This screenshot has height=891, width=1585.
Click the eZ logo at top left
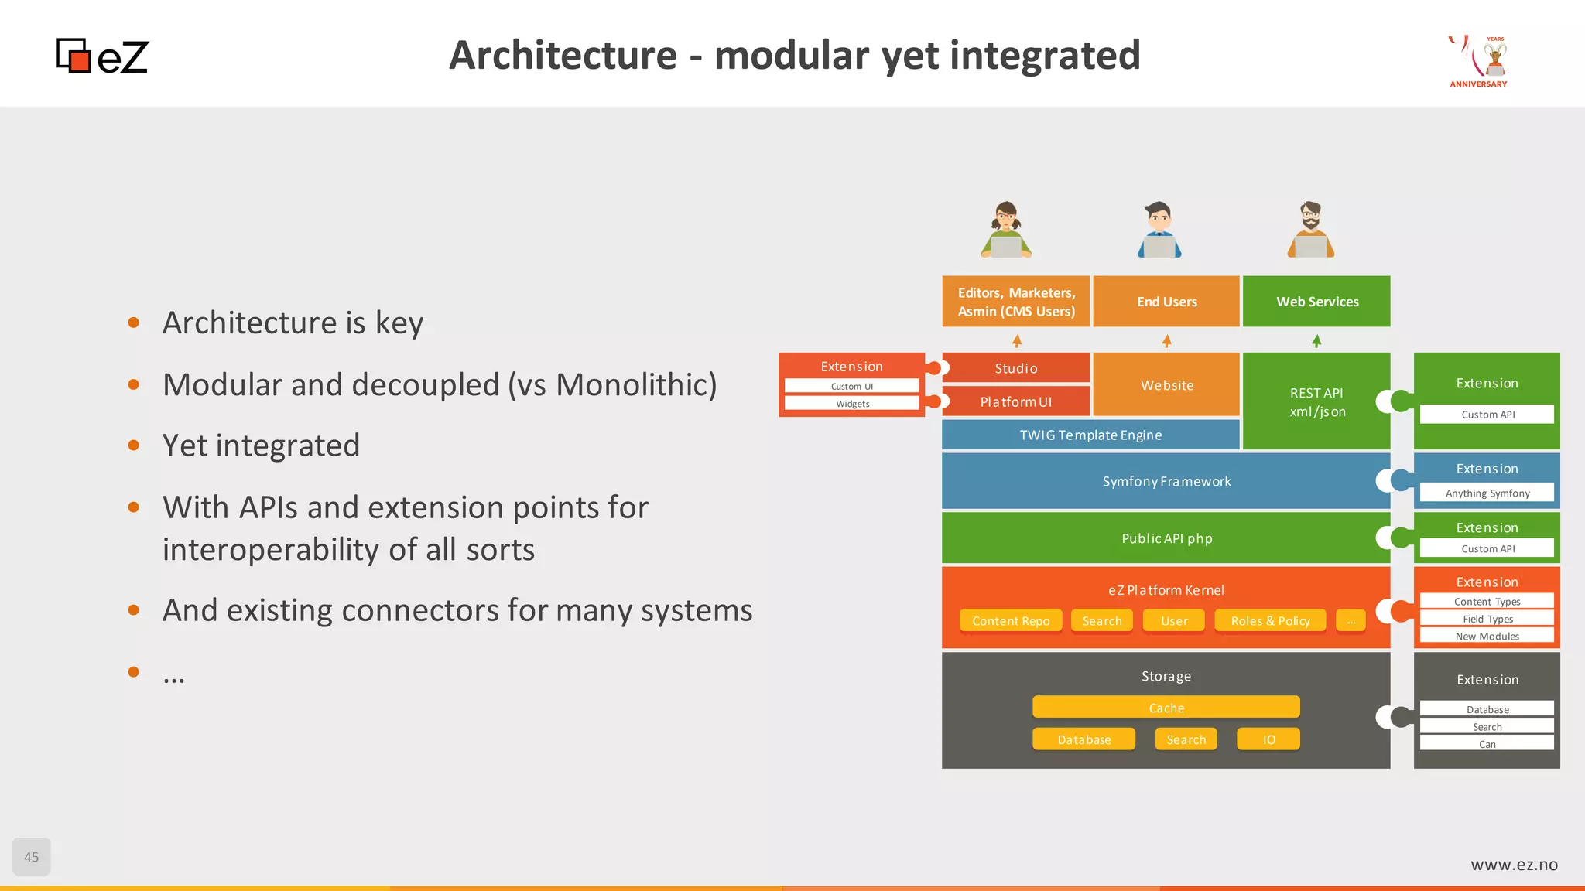pos(102,56)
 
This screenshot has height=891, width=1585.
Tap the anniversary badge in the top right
pos(1479,61)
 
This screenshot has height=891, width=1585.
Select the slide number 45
pos(32,856)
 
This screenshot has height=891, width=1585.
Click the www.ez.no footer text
pos(1514,865)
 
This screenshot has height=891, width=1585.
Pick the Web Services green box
pos(1316,302)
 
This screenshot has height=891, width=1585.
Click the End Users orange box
pos(1166,302)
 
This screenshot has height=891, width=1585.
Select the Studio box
pos(1015,368)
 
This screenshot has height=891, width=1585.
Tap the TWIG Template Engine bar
pos(1090,435)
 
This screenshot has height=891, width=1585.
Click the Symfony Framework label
pos(1166,481)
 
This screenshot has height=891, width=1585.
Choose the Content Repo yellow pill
pos(1011,621)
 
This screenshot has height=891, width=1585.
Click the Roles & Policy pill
pos(1270,621)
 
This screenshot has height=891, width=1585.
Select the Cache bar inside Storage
pos(1166,708)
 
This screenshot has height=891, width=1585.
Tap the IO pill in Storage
pos(1268,739)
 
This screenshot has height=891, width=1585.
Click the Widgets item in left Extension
pos(852,404)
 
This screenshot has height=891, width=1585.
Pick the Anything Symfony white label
pos(1487,493)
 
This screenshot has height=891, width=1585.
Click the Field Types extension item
pos(1487,619)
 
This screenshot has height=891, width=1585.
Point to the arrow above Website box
pos(1166,341)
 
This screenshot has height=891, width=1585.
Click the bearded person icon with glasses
pos(1310,230)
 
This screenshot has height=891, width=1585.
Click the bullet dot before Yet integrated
pos(134,445)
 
